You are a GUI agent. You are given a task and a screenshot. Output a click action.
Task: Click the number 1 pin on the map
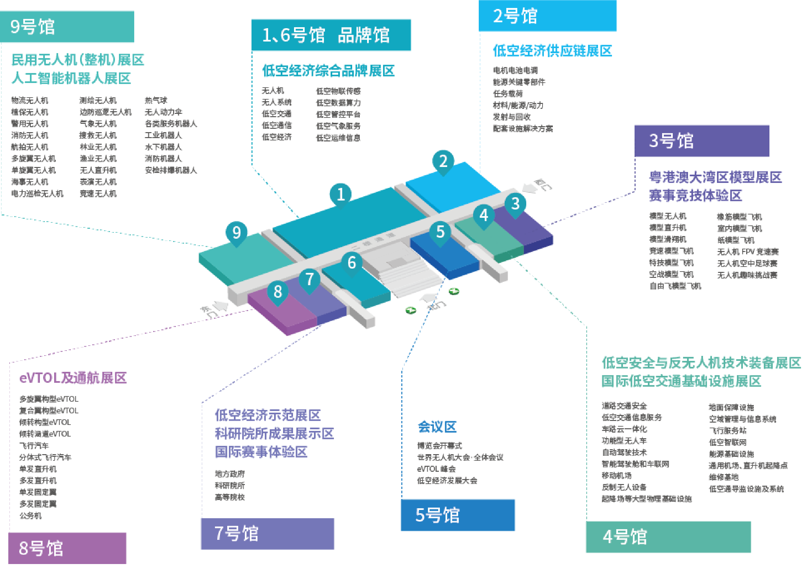tap(340, 194)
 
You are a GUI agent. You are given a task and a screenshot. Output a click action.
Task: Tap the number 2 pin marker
tap(443, 161)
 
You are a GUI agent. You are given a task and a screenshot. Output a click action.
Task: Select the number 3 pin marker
tap(515, 204)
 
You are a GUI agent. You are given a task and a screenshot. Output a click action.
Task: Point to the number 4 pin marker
tap(484, 215)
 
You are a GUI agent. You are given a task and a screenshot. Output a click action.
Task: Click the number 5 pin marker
tap(440, 232)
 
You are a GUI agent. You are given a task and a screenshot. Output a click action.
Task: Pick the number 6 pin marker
tap(351, 263)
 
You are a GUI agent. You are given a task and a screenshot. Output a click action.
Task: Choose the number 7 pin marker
tap(310, 280)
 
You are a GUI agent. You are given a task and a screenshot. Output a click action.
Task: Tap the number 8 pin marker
tap(278, 291)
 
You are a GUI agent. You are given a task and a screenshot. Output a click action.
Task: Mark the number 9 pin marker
tap(237, 232)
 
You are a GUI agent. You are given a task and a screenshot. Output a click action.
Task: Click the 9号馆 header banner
tap(67, 27)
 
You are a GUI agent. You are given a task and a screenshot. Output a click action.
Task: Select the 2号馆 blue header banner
tap(548, 16)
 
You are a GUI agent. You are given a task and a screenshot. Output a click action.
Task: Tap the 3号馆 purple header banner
tap(701, 141)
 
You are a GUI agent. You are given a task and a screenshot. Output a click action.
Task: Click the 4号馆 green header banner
tap(668, 537)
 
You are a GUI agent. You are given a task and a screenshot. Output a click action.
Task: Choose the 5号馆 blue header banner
tap(458, 515)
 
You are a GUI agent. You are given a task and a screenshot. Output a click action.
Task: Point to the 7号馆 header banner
tap(267, 533)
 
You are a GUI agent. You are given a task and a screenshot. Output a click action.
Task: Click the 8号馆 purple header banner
tap(67, 548)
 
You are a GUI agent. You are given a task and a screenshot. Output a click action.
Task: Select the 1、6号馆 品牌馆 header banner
tap(331, 35)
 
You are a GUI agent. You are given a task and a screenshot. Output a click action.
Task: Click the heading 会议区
tap(437, 427)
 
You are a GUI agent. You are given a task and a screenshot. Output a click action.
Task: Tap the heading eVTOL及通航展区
tap(73, 378)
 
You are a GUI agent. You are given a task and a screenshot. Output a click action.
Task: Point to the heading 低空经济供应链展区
tap(552, 51)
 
